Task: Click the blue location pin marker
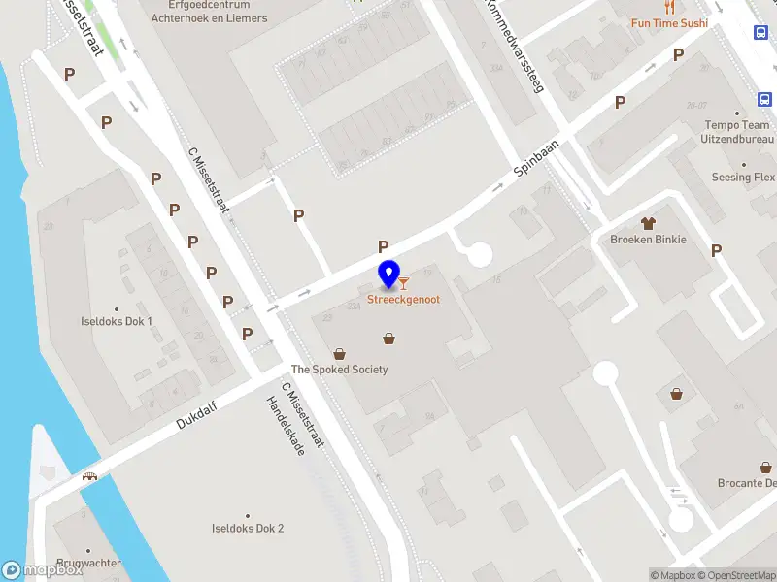click(389, 275)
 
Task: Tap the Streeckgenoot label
click(403, 300)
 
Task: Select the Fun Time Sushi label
click(669, 23)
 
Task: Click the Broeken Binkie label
click(648, 240)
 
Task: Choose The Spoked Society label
click(340, 370)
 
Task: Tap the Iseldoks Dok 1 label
click(117, 321)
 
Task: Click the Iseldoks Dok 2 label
click(248, 529)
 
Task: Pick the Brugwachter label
click(88, 563)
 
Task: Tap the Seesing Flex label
click(743, 178)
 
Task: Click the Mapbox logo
click(41, 570)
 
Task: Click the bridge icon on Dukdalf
click(90, 476)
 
